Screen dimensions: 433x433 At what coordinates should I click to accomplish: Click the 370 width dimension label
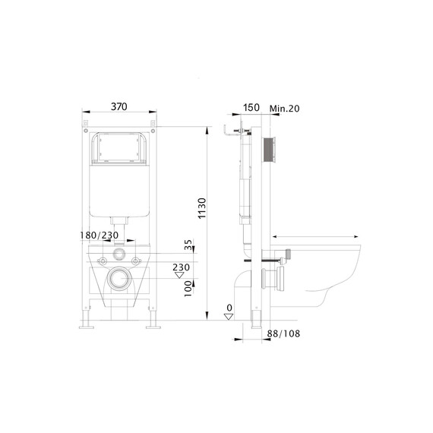pyautogui.click(x=119, y=106)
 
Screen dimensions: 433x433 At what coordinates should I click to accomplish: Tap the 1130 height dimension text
pyautogui.click(x=202, y=208)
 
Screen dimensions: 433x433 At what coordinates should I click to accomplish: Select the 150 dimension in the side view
pyautogui.click(x=251, y=107)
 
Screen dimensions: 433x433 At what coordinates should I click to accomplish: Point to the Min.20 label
pyautogui.click(x=284, y=109)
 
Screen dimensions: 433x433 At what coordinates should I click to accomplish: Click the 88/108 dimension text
pyautogui.click(x=283, y=333)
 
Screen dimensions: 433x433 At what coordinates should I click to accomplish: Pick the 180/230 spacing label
pyautogui.click(x=100, y=235)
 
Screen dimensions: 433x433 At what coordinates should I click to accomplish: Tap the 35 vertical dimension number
pyautogui.click(x=188, y=245)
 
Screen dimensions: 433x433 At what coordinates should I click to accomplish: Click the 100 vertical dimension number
pyautogui.click(x=188, y=289)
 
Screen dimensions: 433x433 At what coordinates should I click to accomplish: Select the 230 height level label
pyautogui.click(x=181, y=267)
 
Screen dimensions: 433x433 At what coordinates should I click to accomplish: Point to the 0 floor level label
pyautogui.click(x=229, y=308)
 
